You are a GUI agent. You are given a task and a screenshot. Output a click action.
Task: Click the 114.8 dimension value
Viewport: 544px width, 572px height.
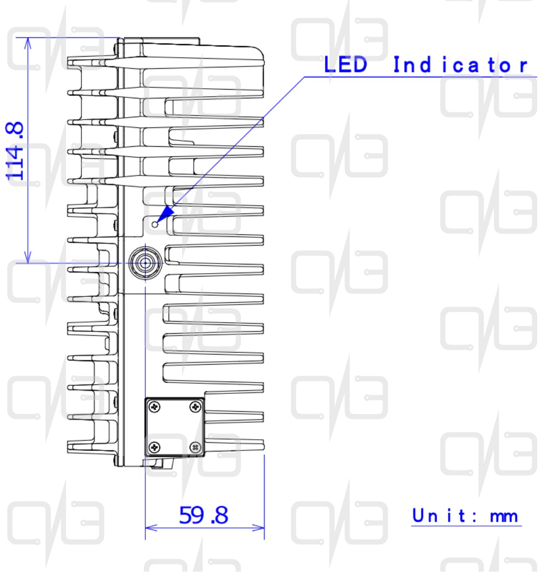tap(15, 152)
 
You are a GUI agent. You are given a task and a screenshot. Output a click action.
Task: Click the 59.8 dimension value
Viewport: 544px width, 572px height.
tap(203, 515)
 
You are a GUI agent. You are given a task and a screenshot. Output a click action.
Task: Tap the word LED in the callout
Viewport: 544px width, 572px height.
tap(345, 64)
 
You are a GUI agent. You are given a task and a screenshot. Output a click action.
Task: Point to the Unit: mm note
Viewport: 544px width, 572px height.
tap(465, 516)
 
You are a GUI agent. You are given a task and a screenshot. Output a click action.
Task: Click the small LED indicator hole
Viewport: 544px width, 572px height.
tap(155, 224)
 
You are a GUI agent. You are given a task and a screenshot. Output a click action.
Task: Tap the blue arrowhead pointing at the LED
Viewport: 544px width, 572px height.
tap(166, 213)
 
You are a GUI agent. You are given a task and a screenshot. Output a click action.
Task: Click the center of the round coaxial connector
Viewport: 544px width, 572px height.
tap(145, 263)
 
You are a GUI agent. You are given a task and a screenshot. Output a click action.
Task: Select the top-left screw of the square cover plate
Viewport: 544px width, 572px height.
tap(155, 407)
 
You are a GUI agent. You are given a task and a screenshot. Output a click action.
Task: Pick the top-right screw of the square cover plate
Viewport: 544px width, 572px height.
tap(196, 406)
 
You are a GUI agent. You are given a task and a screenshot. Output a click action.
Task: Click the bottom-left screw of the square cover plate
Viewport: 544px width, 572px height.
tap(155, 447)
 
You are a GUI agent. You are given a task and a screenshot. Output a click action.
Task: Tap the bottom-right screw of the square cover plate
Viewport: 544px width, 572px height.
tap(196, 447)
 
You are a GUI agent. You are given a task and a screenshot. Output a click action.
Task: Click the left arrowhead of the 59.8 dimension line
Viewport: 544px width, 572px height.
tap(151, 527)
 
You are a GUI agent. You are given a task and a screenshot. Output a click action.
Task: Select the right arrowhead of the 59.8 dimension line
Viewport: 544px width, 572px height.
tap(258, 527)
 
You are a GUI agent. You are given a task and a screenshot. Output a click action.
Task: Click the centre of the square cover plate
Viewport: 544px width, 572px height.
tap(175, 427)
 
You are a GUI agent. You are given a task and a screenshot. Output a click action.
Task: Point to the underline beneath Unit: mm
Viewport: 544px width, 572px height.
tap(466, 526)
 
